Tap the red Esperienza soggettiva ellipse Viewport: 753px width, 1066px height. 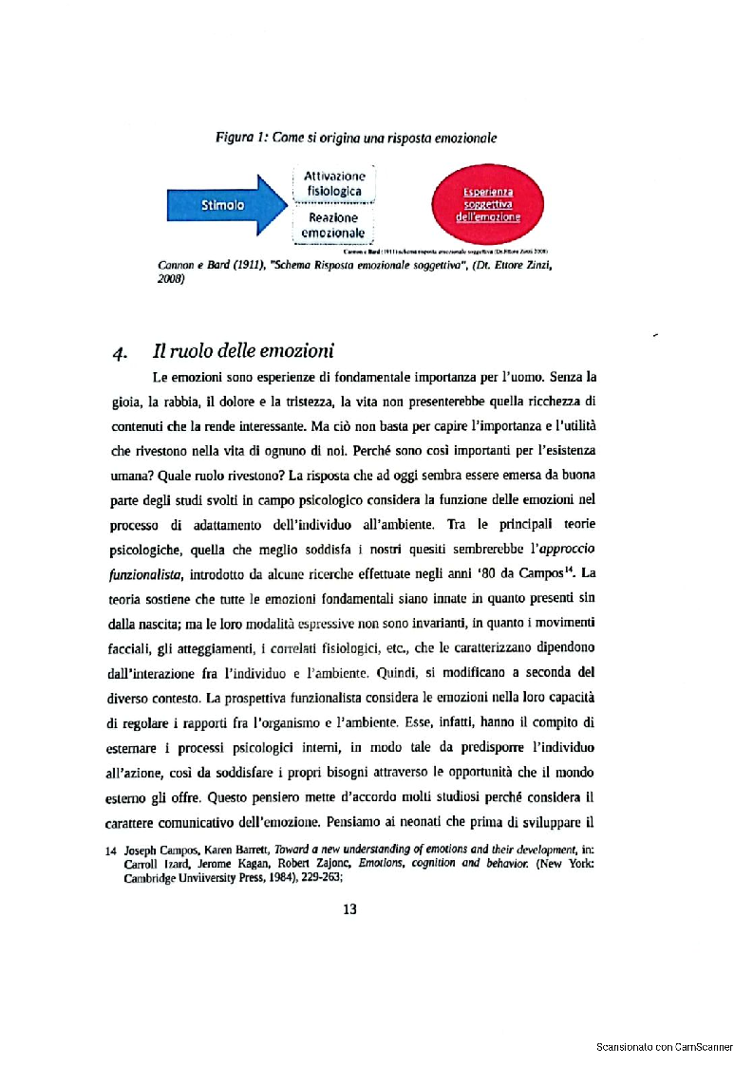tap(489, 204)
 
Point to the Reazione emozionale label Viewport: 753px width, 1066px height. tap(332, 225)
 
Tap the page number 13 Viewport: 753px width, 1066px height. tap(349, 909)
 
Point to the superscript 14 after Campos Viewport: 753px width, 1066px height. tap(576, 570)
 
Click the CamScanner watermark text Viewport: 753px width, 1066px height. tap(664, 1047)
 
